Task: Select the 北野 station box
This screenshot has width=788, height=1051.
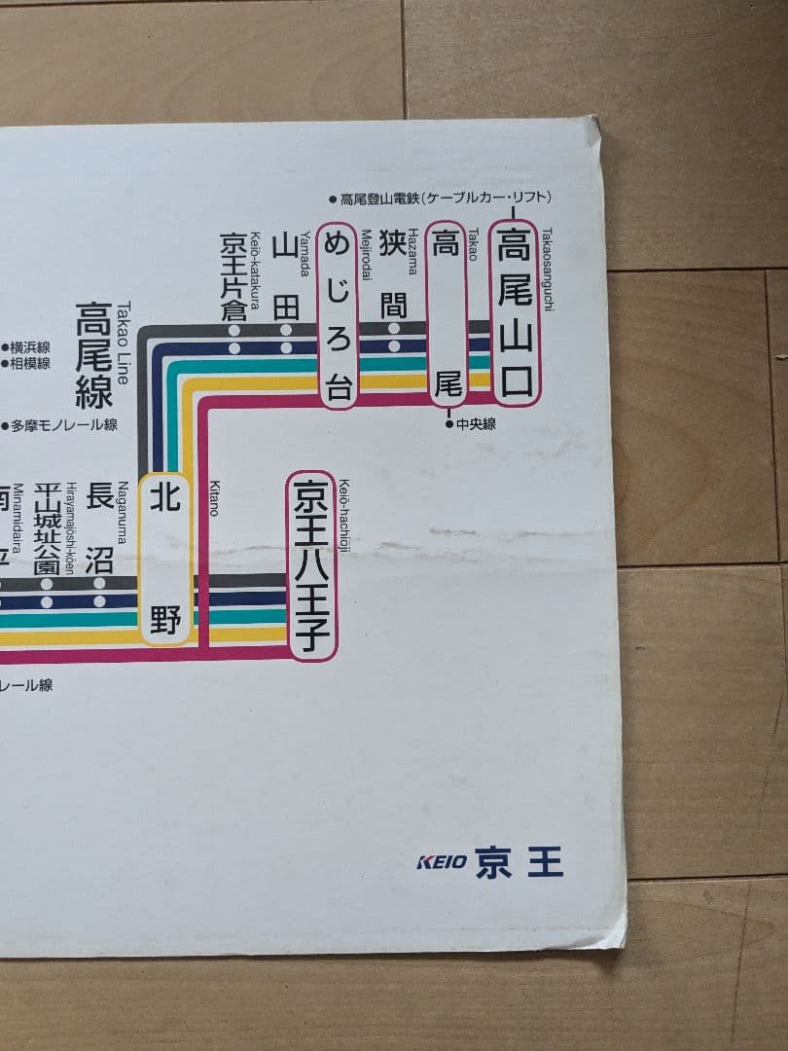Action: click(165, 560)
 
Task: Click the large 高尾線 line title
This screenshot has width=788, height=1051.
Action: click(94, 355)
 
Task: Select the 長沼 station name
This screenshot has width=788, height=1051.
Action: click(99, 530)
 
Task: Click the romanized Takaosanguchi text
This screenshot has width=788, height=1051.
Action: click(547, 270)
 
